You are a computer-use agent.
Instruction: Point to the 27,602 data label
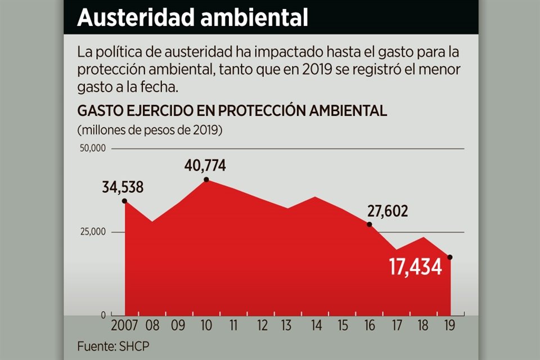click(388, 211)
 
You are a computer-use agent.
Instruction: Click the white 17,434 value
click(416, 267)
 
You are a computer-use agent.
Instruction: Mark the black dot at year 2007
click(124, 201)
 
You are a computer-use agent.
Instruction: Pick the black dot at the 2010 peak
click(206, 179)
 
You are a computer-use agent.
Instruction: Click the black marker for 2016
click(370, 224)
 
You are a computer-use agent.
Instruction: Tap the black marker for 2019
click(449, 257)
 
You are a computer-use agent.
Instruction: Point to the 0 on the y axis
click(103, 315)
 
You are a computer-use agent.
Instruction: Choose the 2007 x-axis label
click(124, 326)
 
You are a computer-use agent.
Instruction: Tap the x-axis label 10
click(206, 326)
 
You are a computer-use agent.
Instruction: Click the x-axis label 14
click(316, 326)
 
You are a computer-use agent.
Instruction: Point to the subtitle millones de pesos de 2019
click(150, 130)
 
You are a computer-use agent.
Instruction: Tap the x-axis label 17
click(397, 326)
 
